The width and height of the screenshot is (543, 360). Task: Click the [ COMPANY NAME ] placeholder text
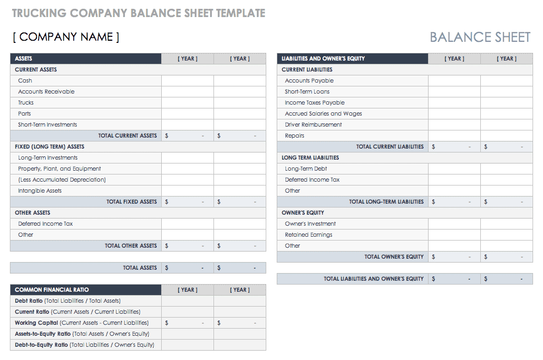pos(66,37)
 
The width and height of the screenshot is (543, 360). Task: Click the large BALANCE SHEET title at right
pos(480,37)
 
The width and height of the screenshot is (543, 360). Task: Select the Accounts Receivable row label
pos(46,91)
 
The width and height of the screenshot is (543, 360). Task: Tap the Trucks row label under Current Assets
pos(26,102)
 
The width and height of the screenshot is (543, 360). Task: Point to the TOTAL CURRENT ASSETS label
pos(127,135)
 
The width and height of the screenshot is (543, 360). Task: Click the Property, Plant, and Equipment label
pos(59,168)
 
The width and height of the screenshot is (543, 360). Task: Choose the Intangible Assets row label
pos(40,190)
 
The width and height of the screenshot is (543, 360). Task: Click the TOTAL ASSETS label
pos(140,268)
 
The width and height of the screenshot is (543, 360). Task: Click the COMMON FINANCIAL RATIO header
pos(52,290)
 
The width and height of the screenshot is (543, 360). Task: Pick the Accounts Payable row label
pos(309,80)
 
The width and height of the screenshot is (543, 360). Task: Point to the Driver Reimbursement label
pos(313,124)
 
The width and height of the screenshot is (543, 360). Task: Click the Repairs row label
pos(294,135)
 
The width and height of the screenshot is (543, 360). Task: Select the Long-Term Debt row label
pos(306,168)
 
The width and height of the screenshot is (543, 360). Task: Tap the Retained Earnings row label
pos(309,234)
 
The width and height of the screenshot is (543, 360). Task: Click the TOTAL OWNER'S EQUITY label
pos(394,257)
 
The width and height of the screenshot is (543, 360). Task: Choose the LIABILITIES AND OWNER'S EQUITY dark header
pos(323,58)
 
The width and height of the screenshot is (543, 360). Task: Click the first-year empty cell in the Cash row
pos(187,80)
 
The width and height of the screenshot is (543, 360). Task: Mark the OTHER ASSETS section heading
pos(32,212)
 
